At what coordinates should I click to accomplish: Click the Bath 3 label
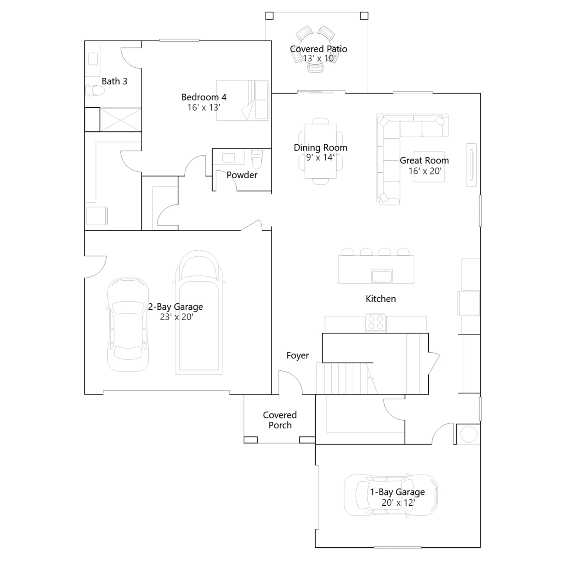(114, 81)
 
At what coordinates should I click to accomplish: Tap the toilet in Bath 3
(95, 91)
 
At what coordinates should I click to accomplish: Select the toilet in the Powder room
(257, 159)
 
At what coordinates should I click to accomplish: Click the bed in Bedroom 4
(243, 100)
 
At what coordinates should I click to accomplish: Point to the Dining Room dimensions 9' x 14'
(320, 157)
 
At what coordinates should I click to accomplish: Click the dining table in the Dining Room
(321, 151)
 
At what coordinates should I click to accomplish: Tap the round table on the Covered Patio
(316, 48)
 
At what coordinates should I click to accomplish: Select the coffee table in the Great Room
(429, 171)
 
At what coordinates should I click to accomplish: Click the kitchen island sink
(382, 275)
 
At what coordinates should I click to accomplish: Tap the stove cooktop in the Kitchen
(376, 323)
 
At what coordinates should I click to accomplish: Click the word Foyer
(298, 356)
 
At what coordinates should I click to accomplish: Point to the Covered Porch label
(280, 420)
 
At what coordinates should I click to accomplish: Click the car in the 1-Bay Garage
(391, 495)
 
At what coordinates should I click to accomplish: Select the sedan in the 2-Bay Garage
(128, 325)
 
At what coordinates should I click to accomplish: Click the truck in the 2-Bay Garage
(199, 313)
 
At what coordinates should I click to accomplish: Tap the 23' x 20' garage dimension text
(176, 317)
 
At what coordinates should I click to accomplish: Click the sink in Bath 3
(93, 59)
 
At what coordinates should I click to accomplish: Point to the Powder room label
(242, 175)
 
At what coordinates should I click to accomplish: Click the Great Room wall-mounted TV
(471, 165)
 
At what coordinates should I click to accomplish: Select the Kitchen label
(381, 299)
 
